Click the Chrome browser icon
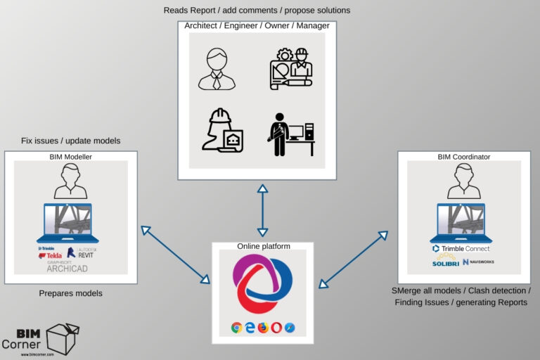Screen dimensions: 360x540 click(x=236, y=328)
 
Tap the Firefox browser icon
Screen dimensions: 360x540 click(x=264, y=328)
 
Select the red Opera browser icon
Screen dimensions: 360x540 click(x=277, y=328)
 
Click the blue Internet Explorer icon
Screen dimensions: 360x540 click(x=250, y=328)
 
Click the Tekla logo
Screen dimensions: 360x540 click(x=51, y=255)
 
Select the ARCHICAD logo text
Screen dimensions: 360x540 click(x=66, y=268)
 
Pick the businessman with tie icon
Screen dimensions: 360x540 click(x=217, y=68)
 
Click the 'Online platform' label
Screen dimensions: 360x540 click(x=262, y=246)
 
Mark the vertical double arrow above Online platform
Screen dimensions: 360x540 click(x=262, y=210)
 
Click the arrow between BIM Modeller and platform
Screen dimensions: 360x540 click(x=175, y=254)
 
